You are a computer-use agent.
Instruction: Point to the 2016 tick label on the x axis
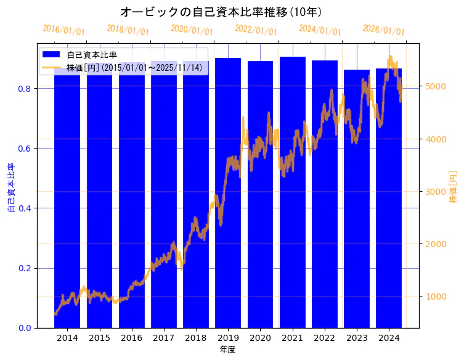point(131,338)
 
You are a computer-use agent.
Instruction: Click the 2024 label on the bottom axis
point(389,338)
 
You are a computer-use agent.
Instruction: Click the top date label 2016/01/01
point(63,30)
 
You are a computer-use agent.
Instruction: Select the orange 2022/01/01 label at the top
point(256,30)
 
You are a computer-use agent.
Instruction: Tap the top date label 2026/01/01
point(383,30)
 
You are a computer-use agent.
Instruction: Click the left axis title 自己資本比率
point(10,187)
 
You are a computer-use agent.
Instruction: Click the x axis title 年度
point(228,350)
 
